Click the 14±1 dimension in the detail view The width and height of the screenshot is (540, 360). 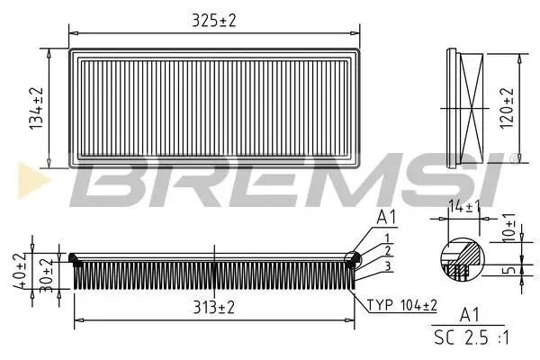pyautogui.click(x=463, y=207)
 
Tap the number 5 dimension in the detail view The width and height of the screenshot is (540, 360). pyautogui.click(x=511, y=268)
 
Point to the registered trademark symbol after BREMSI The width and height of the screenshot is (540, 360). pyautogui.click(x=513, y=160)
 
